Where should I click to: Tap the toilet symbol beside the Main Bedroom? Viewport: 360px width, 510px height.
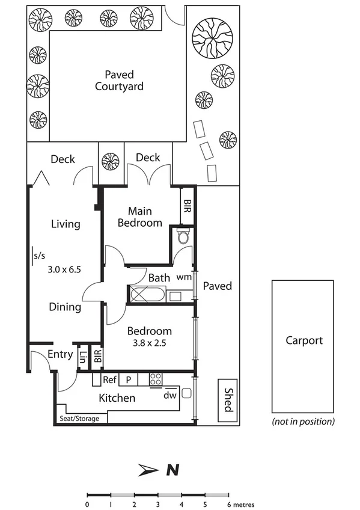pyautogui.click(x=184, y=238)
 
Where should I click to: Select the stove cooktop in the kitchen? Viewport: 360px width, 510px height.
pyautogui.click(x=156, y=379)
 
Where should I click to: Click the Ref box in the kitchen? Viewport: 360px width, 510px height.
pyautogui.click(x=109, y=379)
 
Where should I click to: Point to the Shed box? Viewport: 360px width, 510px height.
pyautogui.click(x=227, y=400)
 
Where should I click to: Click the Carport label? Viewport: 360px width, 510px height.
pyautogui.click(x=304, y=340)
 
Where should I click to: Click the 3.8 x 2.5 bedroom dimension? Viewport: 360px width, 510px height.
pyautogui.click(x=149, y=343)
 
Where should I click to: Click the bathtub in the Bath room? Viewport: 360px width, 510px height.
pyautogui.click(x=145, y=295)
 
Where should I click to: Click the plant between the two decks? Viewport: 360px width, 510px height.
pyautogui.click(x=111, y=161)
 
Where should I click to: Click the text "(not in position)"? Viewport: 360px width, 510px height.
pyautogui.click(x=304, y=421)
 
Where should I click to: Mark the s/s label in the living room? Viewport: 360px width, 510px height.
pyautogui.click(x=39, y=256)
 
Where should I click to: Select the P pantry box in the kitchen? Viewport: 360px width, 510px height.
pyautogui.click(x=128, y=379)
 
